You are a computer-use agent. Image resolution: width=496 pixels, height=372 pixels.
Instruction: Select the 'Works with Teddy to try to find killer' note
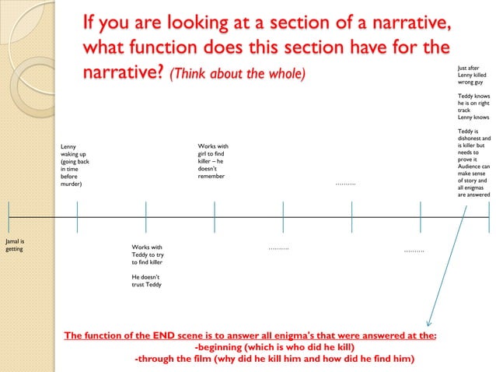(x=147, y=255)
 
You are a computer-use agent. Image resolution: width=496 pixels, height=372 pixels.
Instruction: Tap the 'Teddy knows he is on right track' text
(x=473, y=106)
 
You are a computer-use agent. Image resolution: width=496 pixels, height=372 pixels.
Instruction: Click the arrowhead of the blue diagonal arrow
(x=428, y=323)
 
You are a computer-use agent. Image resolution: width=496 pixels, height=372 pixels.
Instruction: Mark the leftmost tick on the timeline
(x=9, y=216)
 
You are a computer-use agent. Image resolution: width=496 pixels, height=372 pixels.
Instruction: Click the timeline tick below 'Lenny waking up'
(x=77, y=216)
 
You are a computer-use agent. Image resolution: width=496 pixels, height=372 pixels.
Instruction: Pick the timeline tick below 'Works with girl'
(x=215, y=216)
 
